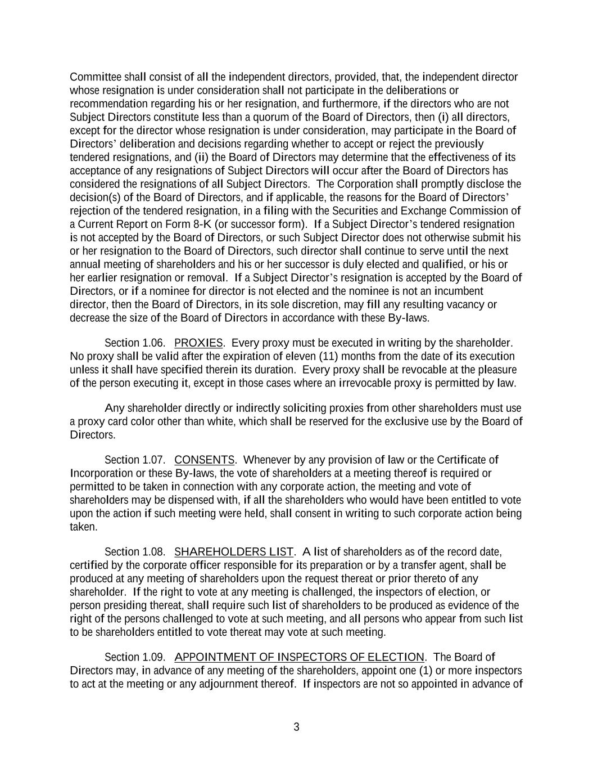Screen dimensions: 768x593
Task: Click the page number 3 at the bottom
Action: coord(296,727)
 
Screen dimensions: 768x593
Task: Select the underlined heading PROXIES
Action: coord(198,343)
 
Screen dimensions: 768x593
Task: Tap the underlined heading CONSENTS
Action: coord(205,460)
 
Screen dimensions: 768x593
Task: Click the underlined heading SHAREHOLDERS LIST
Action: coord(234,551)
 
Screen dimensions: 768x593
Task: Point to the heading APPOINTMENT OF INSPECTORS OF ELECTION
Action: coord(300,657)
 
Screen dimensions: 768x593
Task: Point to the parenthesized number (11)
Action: coord(328,357)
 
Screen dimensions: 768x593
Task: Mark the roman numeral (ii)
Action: coord(202,158)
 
